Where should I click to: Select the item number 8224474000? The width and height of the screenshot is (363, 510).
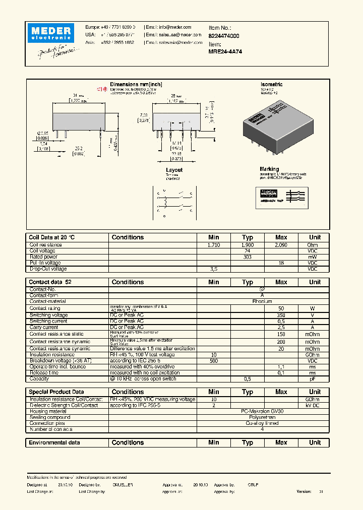(224, 36)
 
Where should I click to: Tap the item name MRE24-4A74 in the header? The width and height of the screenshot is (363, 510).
(225, 51)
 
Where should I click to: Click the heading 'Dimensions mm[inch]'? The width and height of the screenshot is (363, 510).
(136, 85)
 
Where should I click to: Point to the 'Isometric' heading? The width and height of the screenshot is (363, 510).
(271, 85)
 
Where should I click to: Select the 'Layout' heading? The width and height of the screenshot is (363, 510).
(174, 170)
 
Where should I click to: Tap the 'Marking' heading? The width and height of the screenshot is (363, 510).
(269, 169)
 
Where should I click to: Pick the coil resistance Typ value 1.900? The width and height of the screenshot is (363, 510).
(247, 244)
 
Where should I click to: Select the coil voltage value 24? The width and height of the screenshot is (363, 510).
(247, 250)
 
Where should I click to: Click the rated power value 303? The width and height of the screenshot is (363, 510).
(247, 257)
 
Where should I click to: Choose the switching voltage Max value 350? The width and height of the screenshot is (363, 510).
(281, 315)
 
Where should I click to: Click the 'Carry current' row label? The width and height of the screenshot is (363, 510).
(44, 327)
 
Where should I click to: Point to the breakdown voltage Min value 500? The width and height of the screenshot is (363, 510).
(214, 361)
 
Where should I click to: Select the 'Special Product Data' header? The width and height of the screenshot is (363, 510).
(56, 392)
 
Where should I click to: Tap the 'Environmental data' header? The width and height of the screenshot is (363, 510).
(54, 442)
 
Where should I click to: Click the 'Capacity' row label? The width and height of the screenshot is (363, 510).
(39, 378)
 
